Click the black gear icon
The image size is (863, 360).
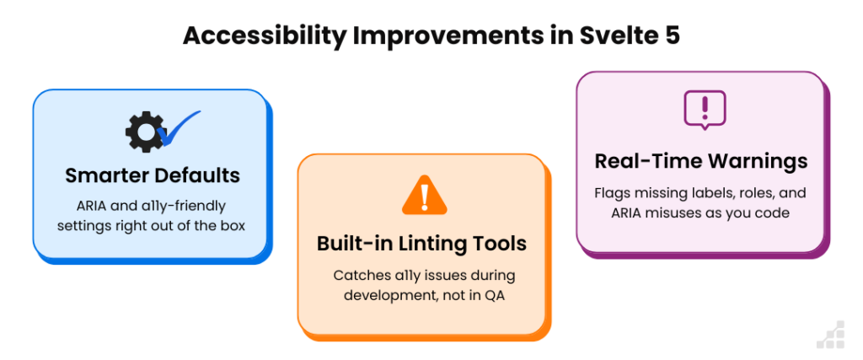[x=145, y=132]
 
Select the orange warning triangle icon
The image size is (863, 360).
[x=425, y=195]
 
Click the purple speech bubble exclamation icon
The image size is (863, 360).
[x=705, y=110]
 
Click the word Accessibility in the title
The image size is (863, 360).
[x=264, y=35]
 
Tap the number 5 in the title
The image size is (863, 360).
[x=672, y=35]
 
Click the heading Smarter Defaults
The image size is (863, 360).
[x=153, y=175]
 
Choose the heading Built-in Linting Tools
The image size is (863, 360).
[x=421, y=244]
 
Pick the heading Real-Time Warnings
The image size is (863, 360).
[x=701, y=161]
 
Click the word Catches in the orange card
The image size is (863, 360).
[x=356, y=275]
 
